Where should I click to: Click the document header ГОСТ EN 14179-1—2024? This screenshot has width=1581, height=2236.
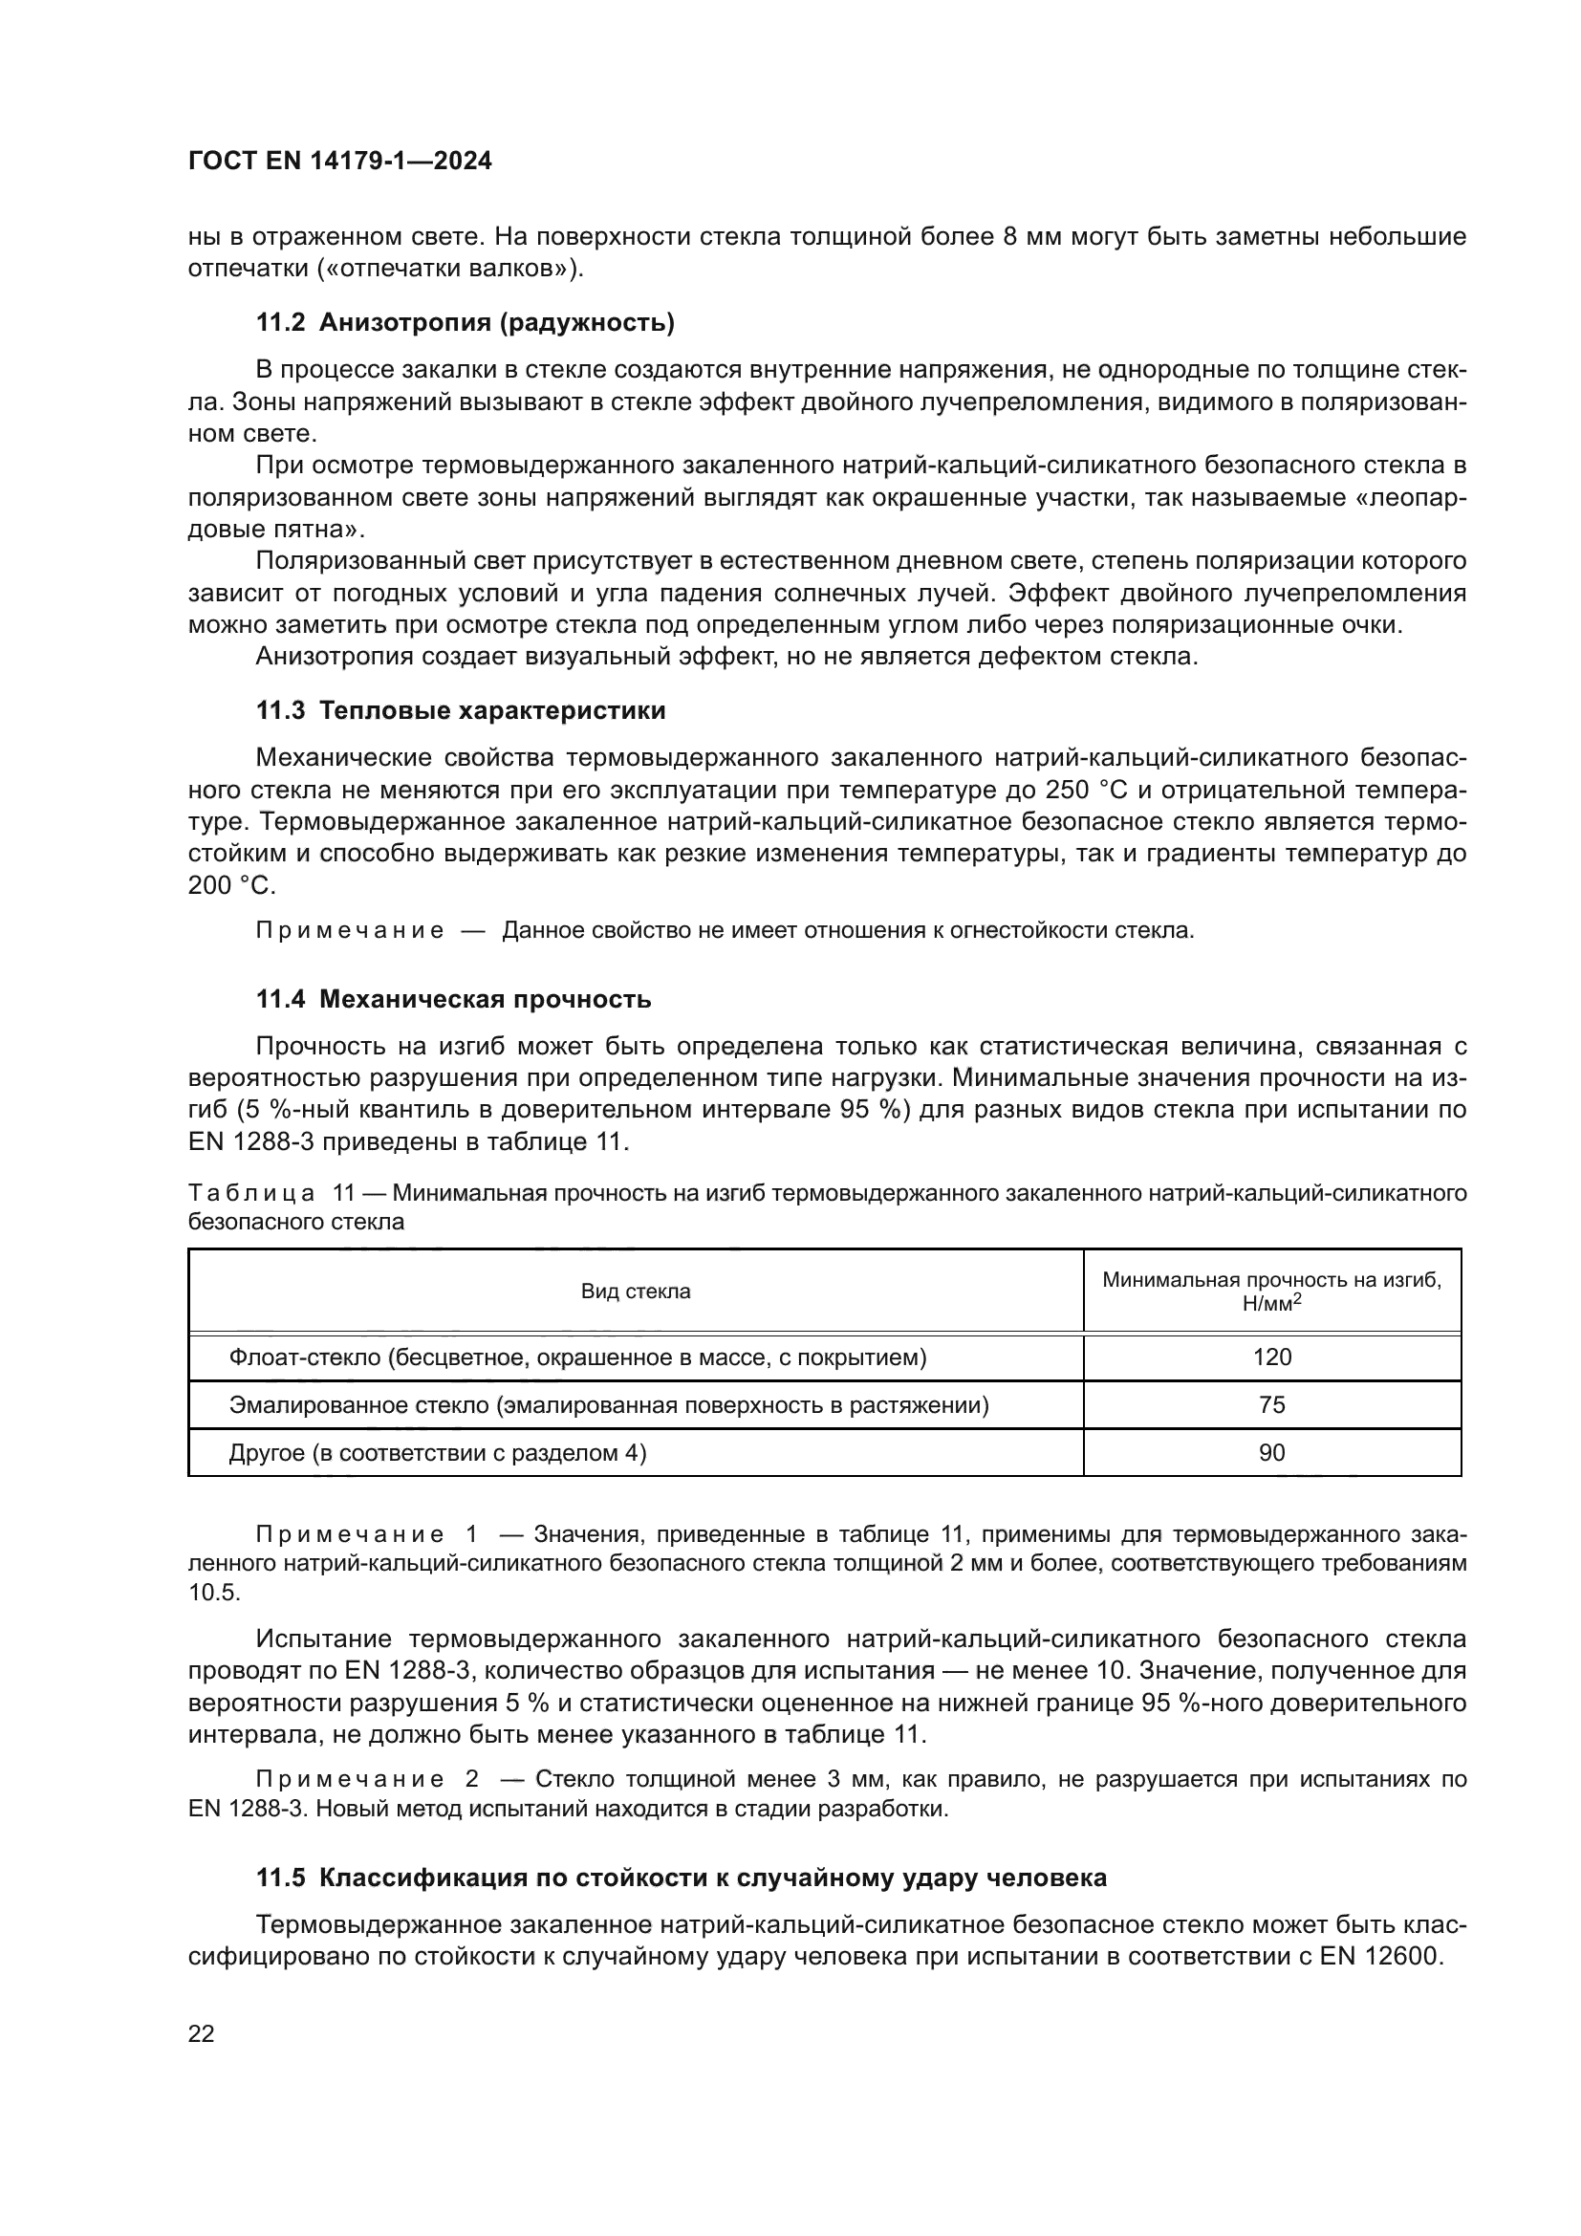pos(339,162)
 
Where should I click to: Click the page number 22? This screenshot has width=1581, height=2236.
pos(201,2033)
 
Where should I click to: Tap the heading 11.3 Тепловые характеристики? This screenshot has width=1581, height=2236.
pos(461,710)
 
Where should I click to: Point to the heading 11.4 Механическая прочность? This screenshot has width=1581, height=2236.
pos(454,999)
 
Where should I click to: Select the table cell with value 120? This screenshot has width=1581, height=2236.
pos(1271,1357)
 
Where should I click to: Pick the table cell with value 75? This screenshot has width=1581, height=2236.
pos(1271,1404)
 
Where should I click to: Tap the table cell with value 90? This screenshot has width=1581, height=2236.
pos(1271,1452)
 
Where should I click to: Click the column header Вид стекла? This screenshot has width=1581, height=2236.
pos(636,1292)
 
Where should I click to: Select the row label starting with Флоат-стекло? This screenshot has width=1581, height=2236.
pos(577,1357)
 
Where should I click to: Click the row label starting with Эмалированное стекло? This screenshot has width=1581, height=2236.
pos(609,1404)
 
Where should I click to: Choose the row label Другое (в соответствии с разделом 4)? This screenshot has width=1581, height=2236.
pos(437,1452)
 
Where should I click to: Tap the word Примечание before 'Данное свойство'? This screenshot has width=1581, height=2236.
pos(350,930)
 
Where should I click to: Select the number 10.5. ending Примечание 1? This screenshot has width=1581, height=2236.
pos(213,1593)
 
